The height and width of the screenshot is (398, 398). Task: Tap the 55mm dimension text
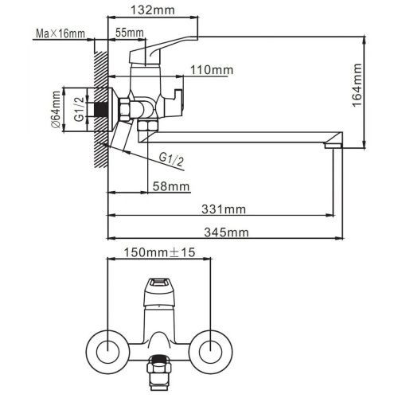[x=130, y=33]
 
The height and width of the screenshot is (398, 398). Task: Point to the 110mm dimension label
[x=211, y=70]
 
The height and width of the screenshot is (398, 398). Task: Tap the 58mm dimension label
[x=171, y=186]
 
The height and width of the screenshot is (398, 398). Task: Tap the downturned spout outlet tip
[x=332, y=144]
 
